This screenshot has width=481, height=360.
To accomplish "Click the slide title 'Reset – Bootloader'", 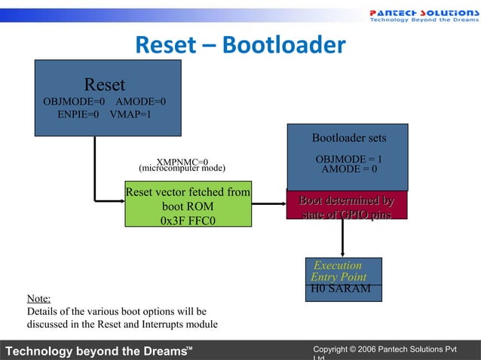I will click(240, 46).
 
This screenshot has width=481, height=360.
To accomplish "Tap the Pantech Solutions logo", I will click(422, 15).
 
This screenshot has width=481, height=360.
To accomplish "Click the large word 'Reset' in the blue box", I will click(105, 84).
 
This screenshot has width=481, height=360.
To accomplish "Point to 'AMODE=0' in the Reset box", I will click(141, 102).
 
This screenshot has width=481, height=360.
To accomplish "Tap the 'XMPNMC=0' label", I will click(182, 161).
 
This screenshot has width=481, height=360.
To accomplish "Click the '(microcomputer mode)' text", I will click(182, 168).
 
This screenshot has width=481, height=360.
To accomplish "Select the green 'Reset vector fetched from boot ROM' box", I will click(188, 204).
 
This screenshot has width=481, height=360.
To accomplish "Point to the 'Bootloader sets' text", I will click(349, 138).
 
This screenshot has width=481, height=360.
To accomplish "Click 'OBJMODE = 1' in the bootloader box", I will click(348, 159).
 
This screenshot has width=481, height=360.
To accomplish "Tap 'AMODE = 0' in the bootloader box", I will click(349, 169).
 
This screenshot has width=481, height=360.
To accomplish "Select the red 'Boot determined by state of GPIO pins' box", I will click(347, 207).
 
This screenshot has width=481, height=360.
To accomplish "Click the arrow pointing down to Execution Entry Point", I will click(344, 238).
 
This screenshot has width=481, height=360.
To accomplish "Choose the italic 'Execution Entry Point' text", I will click(339, 271).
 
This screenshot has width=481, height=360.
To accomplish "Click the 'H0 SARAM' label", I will click(340, 289).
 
